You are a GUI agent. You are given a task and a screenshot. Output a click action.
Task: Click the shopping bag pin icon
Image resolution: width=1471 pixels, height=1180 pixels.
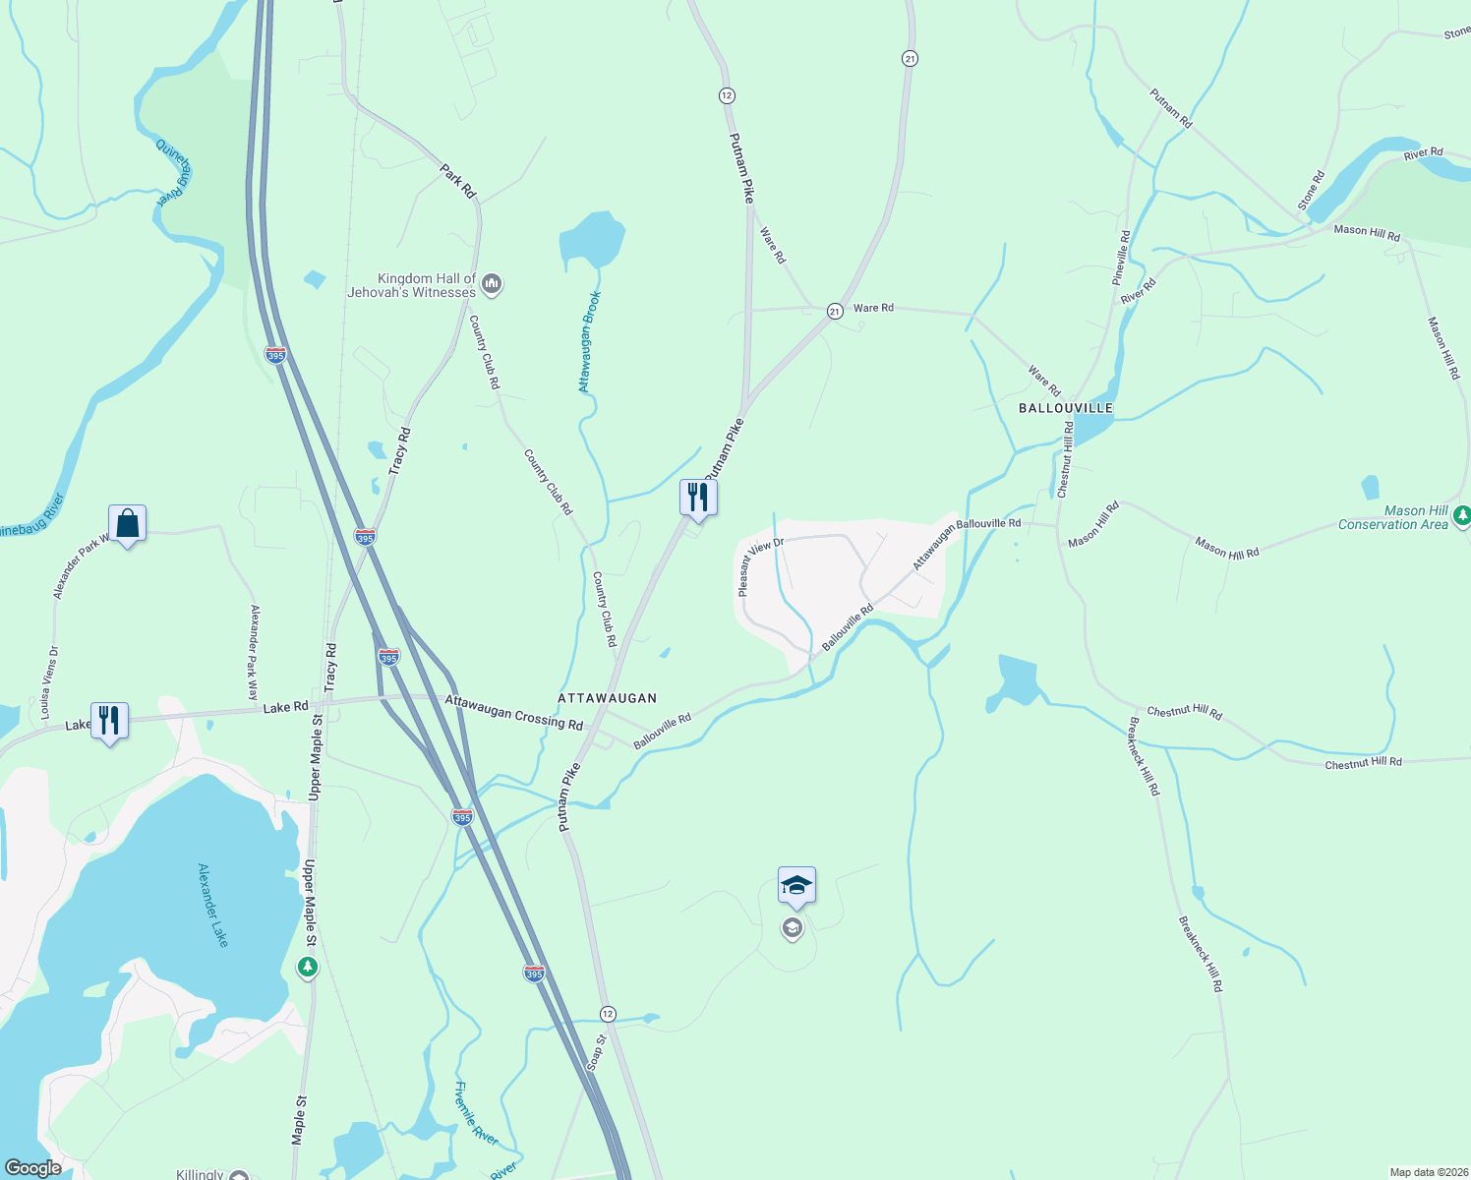[x=128, y=524]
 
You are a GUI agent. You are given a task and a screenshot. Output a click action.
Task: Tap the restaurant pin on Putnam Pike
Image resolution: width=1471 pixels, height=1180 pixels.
[x=698, y=498]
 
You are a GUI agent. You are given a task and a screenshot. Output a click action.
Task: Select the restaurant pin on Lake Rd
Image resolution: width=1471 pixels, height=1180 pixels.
[x=109, y=722]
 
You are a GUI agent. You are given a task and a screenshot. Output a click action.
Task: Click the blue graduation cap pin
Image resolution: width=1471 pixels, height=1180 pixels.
[x=796, y=886]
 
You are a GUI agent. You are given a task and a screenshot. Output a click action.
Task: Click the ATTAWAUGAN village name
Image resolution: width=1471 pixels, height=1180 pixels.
[x=607, y=698]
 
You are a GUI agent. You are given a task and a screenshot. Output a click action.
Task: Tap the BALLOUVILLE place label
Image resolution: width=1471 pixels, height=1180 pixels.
[x=1066, y=408]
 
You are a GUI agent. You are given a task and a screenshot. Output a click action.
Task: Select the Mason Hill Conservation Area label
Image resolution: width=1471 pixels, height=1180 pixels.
[x=1393, y=518]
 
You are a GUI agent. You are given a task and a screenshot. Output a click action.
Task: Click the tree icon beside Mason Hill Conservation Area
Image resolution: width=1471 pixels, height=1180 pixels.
[x=1462, y=514]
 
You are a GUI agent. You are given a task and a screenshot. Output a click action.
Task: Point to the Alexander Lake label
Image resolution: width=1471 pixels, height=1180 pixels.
[x=213, y=906]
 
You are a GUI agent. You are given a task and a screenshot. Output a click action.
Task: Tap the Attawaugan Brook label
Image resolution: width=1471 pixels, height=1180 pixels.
[x=588, y=342]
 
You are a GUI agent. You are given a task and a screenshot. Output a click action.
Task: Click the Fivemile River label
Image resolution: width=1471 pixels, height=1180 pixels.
[x=476, y=1112]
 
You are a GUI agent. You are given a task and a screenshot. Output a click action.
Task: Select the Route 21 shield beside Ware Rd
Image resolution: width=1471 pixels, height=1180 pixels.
[x=835, y=311]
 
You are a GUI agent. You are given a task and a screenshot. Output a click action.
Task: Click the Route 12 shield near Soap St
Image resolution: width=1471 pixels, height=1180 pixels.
[x=608, y=1014]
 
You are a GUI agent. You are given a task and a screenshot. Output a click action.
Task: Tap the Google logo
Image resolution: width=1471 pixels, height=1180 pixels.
[x=32, y=1168]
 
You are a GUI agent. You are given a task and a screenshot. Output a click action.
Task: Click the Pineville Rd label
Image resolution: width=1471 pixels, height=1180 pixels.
[x=1122, y=259]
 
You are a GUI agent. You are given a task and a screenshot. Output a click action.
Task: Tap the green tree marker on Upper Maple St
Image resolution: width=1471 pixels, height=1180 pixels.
[x=308, y=969]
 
